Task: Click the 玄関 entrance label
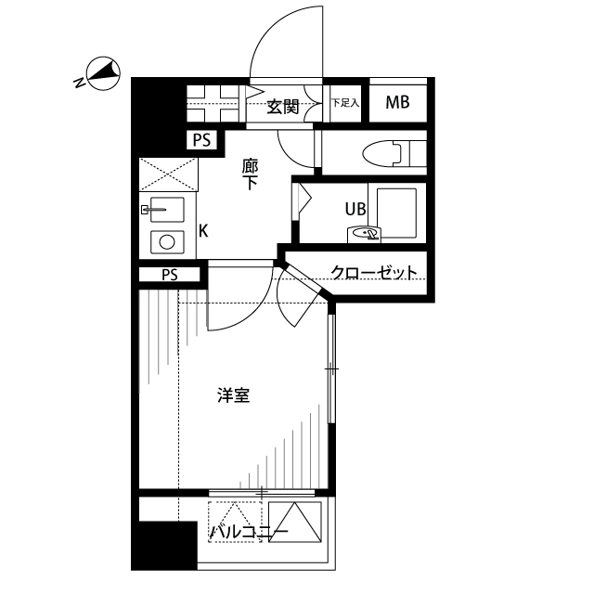(x=283, y=106)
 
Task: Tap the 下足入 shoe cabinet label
(x=344, y=103)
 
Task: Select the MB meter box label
(x=397, y=103)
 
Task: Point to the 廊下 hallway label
(x=250, y=174)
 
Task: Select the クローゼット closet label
(x=373, y=273)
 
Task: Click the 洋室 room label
(x=233, y=395)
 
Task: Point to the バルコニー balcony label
(x=248, y=532)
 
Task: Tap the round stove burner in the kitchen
(x=168, y=242)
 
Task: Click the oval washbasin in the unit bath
(x=366, y=234)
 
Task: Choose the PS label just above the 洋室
(x=169, y=275)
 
